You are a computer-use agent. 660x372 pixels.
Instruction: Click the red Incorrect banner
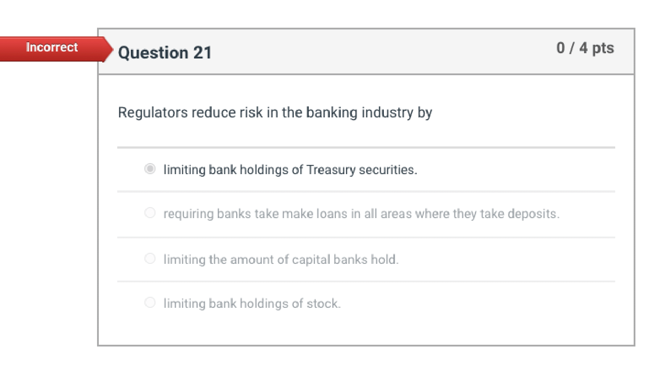[52, 47]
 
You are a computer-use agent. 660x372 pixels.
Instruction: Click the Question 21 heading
[165, 53]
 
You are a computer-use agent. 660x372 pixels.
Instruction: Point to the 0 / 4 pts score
[585, 48]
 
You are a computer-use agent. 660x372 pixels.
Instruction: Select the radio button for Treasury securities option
[150, 169]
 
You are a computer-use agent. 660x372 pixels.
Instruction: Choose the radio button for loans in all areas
[150, 213]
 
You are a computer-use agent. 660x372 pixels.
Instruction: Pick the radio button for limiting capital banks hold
[150, 259]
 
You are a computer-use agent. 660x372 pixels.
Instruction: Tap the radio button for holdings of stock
[150, 303]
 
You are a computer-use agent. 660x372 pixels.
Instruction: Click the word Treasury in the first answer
[331, 170]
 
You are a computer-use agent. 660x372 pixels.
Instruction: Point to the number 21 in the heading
[202, 53]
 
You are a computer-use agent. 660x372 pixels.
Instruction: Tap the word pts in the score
[603, 48]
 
